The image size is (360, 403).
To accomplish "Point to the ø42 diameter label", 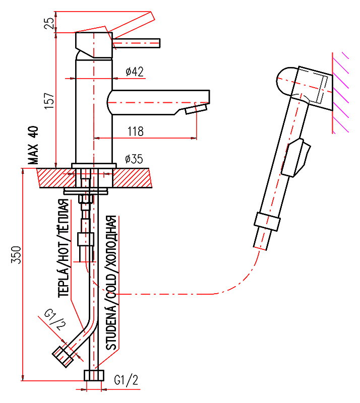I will click(x=134, y=72).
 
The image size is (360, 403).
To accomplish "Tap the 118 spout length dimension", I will click(x=135, y=131).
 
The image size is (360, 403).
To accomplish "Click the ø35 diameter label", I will click(x=134, y=159).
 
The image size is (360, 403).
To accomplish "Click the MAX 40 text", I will click(x=33, y=146).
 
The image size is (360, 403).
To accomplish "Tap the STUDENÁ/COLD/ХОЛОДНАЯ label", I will click(x=111, y=283).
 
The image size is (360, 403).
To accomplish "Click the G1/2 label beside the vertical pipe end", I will click(x=126, y=380).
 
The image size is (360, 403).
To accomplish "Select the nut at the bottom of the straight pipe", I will click(x=93, y=375).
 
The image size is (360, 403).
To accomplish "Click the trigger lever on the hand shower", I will click(x=297, y=158).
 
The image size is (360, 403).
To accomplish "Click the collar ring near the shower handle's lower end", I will click(x=267, y=221).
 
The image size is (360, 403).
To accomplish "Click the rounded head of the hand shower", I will click(x=286, y=81).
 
